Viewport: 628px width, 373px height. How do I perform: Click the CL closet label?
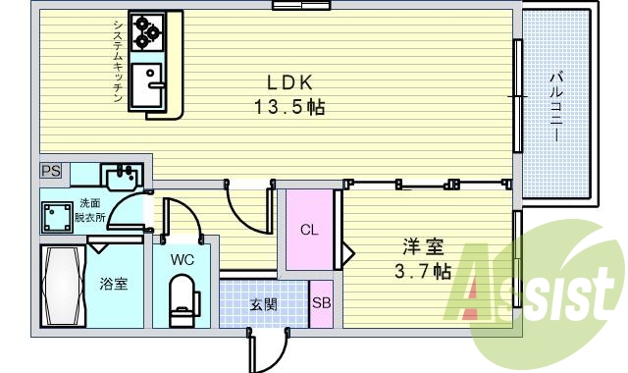[309, 232]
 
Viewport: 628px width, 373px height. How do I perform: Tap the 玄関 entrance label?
[262, 304]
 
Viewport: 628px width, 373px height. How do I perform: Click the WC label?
[182, 261]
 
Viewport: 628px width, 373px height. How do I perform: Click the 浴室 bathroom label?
[111, 285]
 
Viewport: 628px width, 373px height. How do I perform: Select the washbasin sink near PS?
[123, 176]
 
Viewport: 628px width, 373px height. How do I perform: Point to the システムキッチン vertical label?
[116, 59]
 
